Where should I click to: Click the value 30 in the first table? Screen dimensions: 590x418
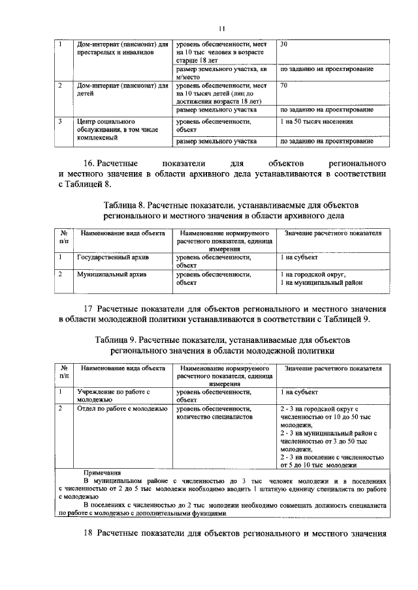283,44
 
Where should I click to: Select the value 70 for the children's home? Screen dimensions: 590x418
283,85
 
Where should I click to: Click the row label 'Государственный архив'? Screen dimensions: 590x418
112,258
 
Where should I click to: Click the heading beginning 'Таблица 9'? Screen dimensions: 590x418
223,340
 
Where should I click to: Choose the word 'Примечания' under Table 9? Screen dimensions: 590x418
103,472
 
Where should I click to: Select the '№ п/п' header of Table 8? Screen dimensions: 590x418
64,237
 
